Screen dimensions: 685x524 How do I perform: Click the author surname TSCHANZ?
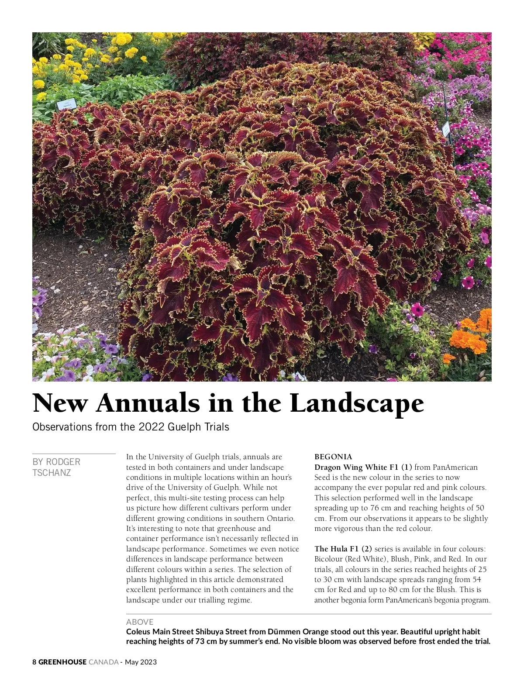[52, 473]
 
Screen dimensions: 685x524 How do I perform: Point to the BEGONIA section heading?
[333, 457]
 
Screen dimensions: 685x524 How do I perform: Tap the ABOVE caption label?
[140, 622]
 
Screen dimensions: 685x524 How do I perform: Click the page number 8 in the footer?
[34, 662]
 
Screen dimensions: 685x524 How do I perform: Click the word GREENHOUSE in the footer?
[62, 662]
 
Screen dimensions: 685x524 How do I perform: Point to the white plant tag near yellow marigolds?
[67, 104]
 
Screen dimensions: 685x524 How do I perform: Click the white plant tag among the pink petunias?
[446, 129]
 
